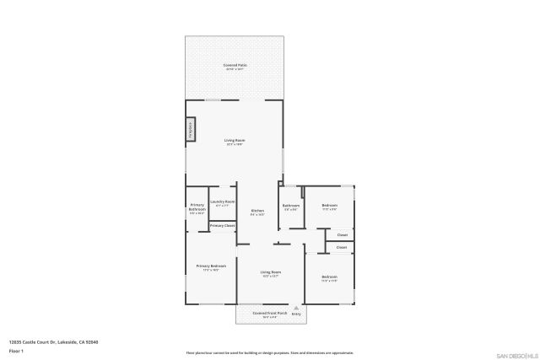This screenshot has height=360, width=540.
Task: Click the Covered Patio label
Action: [x=235, y=66]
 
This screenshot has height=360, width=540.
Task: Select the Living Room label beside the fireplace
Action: [x=235, y=142]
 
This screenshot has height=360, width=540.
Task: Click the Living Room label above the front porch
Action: [x=270, y=273]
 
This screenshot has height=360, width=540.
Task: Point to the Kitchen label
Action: [x=257, y=212]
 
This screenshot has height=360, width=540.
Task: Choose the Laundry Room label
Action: [x=223, y=203]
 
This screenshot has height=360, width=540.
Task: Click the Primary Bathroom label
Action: [x=197, y=209]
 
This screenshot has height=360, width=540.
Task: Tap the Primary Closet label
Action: [x=222, y=226]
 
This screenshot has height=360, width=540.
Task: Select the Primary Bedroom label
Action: [x=211, y=267]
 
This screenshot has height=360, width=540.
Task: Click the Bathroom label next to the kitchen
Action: [x=292, y=207]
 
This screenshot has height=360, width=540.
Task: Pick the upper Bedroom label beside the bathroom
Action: [x=329, y=207]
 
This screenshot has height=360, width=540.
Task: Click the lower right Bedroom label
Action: [x=329, y=278]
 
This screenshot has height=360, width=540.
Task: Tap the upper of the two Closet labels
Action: [x=342, y=234]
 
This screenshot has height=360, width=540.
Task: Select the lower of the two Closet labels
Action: [x=342, y=247]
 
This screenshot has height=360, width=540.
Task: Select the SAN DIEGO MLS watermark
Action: [x=516, y=355]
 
